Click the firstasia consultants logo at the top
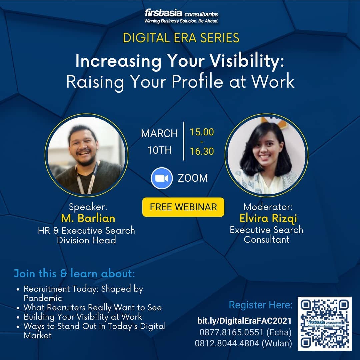(x=181, y=16)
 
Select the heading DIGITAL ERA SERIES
(x=181, y=38)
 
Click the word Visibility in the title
(x=247, y=61)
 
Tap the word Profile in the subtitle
(x=197, y=82)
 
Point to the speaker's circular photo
(x=87, y=155)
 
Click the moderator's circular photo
(x=267, y=155)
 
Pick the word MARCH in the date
(x=159, y=133)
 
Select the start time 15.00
(x=202, y=132)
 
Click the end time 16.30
(x=202, y=151)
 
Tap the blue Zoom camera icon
(x=162, y=178)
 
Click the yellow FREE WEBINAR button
(x=183, y=207)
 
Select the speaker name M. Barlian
(x=88, y=218)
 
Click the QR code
(x=325, y=324)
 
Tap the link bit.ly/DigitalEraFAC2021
(x=245, y=321)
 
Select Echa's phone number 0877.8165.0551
(x=231, y=332)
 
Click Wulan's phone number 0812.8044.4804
(x=227, y=343)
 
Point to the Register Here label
(x=261, y=305)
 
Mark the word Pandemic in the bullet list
(x=43, y=298)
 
